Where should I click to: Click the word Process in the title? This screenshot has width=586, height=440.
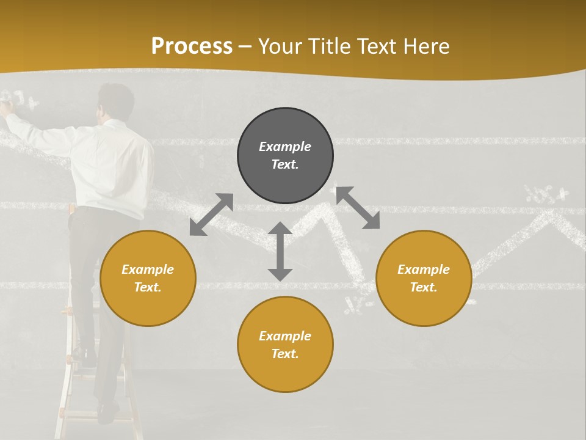192,46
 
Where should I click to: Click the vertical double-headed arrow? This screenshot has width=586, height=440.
280,252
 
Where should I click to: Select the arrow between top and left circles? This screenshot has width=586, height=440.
211,215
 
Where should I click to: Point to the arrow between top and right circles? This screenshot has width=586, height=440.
358,208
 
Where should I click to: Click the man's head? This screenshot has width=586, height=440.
116,101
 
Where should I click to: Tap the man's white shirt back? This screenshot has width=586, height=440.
113,165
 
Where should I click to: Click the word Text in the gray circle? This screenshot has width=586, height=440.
285,164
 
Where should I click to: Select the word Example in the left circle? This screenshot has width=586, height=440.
148,269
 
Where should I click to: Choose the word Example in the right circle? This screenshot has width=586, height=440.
424,269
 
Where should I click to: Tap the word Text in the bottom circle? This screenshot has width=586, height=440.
285,354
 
